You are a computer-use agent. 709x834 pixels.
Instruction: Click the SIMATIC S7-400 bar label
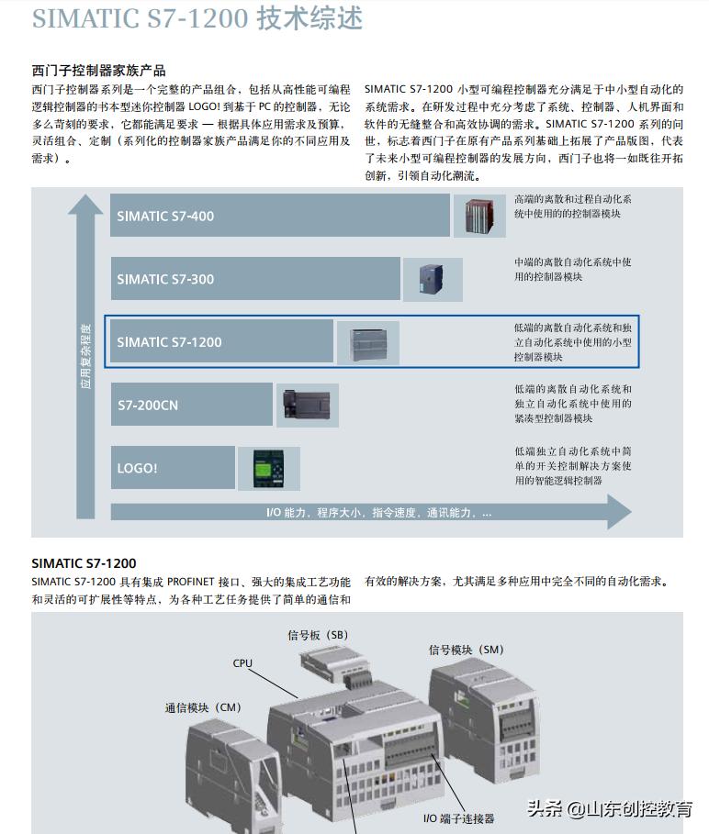[165, 217]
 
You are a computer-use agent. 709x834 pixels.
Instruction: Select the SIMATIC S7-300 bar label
[165, 279]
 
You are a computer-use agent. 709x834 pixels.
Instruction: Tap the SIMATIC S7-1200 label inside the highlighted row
[169, 342]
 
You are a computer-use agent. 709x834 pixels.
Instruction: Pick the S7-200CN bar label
[148, 405]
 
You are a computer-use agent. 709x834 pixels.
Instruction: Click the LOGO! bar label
[137, 468]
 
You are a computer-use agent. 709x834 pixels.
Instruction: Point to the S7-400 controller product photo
[478, 217]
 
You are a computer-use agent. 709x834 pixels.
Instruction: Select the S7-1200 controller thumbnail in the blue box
[367, 342]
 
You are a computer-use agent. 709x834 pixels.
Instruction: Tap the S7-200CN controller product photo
[307, 405]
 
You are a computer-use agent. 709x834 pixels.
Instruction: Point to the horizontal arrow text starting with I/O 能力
[378, 512]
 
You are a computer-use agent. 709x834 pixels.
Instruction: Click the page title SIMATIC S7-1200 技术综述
[197, 18]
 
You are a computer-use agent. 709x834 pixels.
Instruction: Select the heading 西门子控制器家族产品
[98, 71]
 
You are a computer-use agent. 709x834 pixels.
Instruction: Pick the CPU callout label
[242, 662]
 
